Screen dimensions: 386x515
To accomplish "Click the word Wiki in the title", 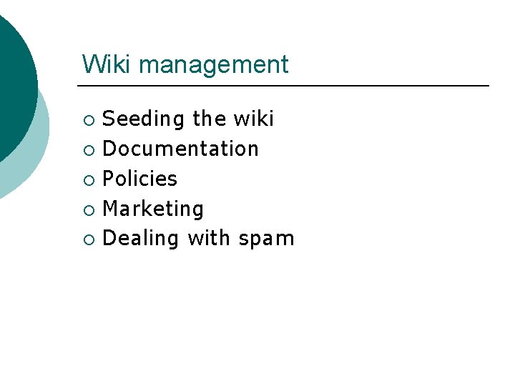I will pyautogui.click(x=107, y=64).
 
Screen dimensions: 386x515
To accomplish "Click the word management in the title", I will pyautogui.click(x=214, y=66).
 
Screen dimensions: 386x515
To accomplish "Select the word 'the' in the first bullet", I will pyautogui.click(x=210, y=119).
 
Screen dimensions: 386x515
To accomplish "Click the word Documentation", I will pyautogui.click(x=181, y=149).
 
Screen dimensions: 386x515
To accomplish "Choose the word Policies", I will pyautogui.click(x=140, y=179).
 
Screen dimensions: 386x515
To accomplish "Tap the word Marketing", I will pyautogui.click(x=154, y=209).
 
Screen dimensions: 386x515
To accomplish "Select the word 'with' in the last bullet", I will pyautogui.click(x=209, y=238).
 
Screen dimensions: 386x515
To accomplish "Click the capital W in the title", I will pyautogui.click(x=92, y=64).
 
